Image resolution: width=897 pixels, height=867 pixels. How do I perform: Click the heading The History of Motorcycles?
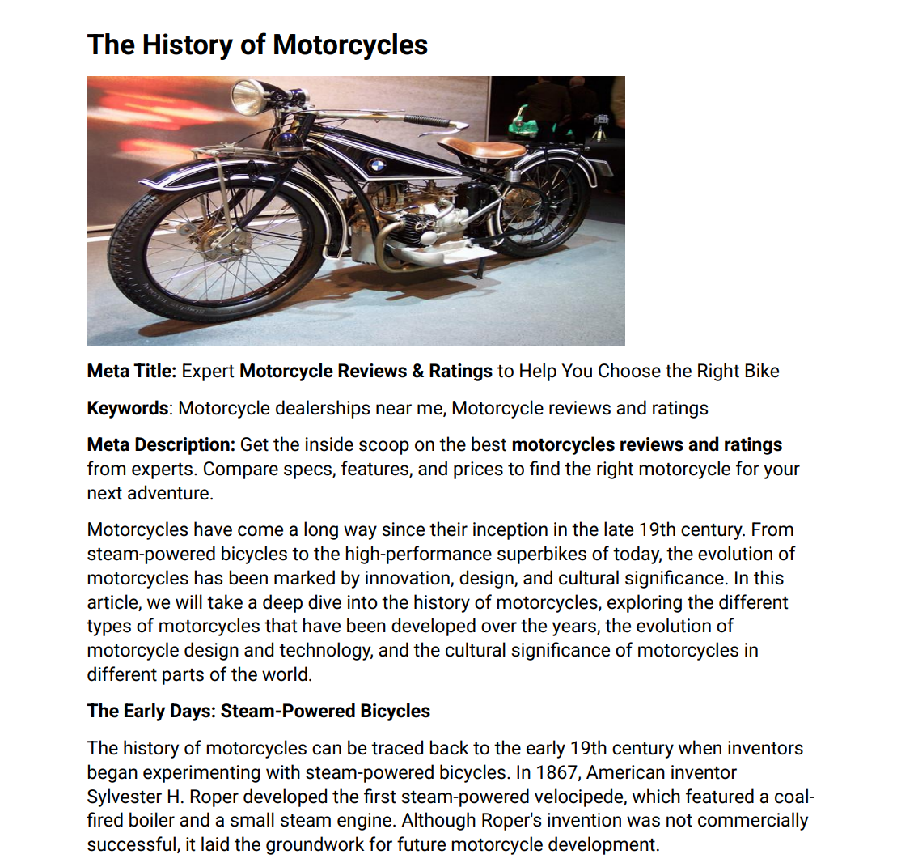257,45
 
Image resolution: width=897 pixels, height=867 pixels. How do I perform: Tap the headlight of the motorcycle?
248,96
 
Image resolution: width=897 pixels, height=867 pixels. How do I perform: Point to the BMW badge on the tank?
376,165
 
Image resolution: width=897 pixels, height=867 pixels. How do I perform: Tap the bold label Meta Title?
131,372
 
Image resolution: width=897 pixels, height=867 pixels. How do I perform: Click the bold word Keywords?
128,408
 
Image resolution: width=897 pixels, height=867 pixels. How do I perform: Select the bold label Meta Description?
161,444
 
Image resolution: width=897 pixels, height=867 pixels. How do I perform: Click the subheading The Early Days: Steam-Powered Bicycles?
259,712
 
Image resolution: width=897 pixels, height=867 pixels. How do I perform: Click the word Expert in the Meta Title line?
208,372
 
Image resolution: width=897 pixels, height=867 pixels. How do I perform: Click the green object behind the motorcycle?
524,121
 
